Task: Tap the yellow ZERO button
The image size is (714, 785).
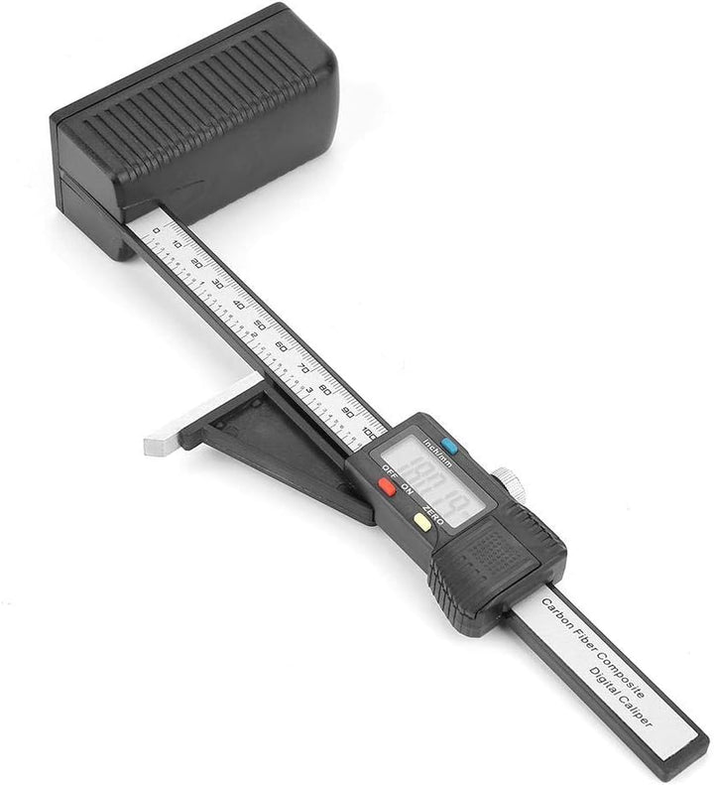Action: pos(422,522)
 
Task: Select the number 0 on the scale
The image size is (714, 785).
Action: pos(156,230)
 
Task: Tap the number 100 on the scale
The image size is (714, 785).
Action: pos(370,433)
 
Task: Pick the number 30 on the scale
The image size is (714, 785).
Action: pos(217,284)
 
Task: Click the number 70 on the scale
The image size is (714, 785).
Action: pos(303,367)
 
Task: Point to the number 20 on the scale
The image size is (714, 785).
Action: pos(195,264)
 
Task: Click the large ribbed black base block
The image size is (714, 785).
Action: pos(194,119)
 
